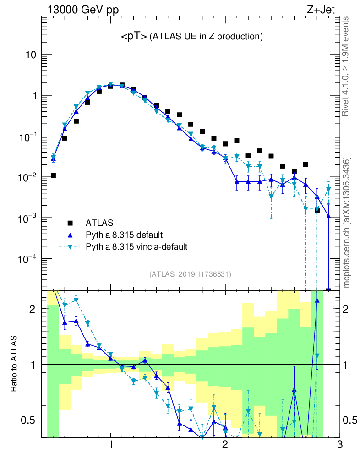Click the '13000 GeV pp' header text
pyautogui.click(x=83, y=9)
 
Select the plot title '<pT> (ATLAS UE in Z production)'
pyautogui.click(x=191, y=37)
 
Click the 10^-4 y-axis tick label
pyautogui.click(x=28, y=259)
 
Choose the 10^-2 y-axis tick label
pyautogui.click(x=28, y=178)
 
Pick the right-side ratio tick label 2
pyautogui.click(x=349, y=309)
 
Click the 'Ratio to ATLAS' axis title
pyautogui.click(x=14, y=365)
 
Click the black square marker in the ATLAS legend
pyautogui.click(x=70, y=223)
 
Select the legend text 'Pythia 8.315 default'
pyautogui.click(x=124, y=235)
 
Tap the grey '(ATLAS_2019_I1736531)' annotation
pyautogui.click(x=190, y=274)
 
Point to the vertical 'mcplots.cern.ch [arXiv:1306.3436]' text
pyautogui.click(x=347, y=222)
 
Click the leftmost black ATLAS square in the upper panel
pyautogui.click(x=53, y=175)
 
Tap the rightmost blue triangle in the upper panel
pyautogui.click(x=328, y=217)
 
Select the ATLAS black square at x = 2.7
pyautogui.click(x=305, y=164)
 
